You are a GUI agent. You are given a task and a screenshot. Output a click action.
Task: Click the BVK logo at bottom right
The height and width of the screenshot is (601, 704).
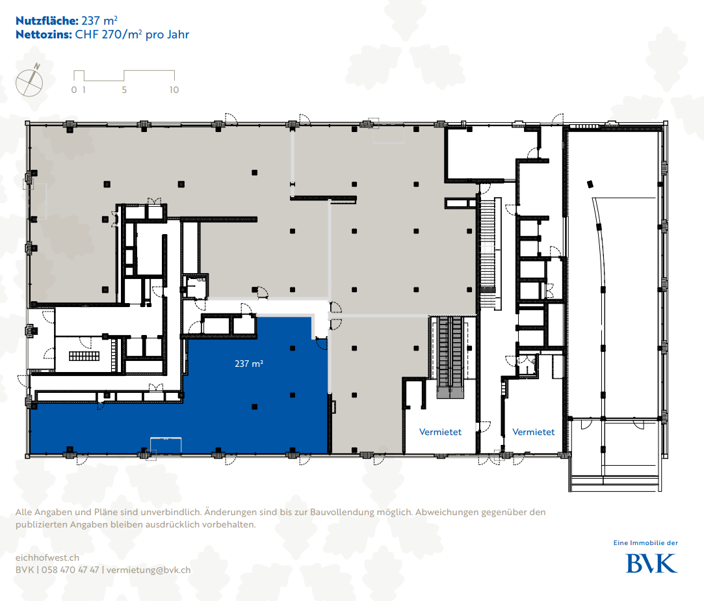click(x=651, y=563)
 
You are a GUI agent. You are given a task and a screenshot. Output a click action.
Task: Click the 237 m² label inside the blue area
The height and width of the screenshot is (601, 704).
click(x=249, y=364)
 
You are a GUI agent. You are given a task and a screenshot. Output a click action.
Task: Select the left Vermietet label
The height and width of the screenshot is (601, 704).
click(x=440, y=432)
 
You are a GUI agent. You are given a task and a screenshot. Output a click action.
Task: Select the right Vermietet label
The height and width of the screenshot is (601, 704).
click(x=534, y=432)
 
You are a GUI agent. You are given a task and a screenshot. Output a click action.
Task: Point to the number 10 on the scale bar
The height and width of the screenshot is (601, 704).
click(x=174, y=90)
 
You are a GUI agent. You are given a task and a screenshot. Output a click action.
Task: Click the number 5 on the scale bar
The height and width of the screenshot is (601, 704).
click(x=124, y=90)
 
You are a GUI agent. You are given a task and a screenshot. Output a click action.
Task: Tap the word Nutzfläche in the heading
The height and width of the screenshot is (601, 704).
click(x=47, y=21)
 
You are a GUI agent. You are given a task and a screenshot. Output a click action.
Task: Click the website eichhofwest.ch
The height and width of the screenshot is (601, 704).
click(x=47, y=557)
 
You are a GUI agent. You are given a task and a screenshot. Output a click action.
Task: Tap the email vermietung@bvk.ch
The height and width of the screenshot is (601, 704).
click(x=149, y=570)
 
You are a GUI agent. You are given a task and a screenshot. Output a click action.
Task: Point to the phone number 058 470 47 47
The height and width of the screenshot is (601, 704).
click(x=70, y=570)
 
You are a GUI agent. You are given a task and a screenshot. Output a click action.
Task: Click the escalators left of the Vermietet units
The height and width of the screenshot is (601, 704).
click(x=450, y=356)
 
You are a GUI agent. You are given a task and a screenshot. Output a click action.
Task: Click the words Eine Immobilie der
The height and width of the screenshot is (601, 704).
click(x=645, y=542)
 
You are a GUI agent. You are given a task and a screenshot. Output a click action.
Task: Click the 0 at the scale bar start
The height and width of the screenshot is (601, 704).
click(x=74, y=90)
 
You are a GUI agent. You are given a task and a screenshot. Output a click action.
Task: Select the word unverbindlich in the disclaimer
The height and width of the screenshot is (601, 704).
click(x=170, y=512)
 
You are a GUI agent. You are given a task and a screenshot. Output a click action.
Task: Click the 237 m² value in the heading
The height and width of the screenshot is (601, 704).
click(x=99, y=21)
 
